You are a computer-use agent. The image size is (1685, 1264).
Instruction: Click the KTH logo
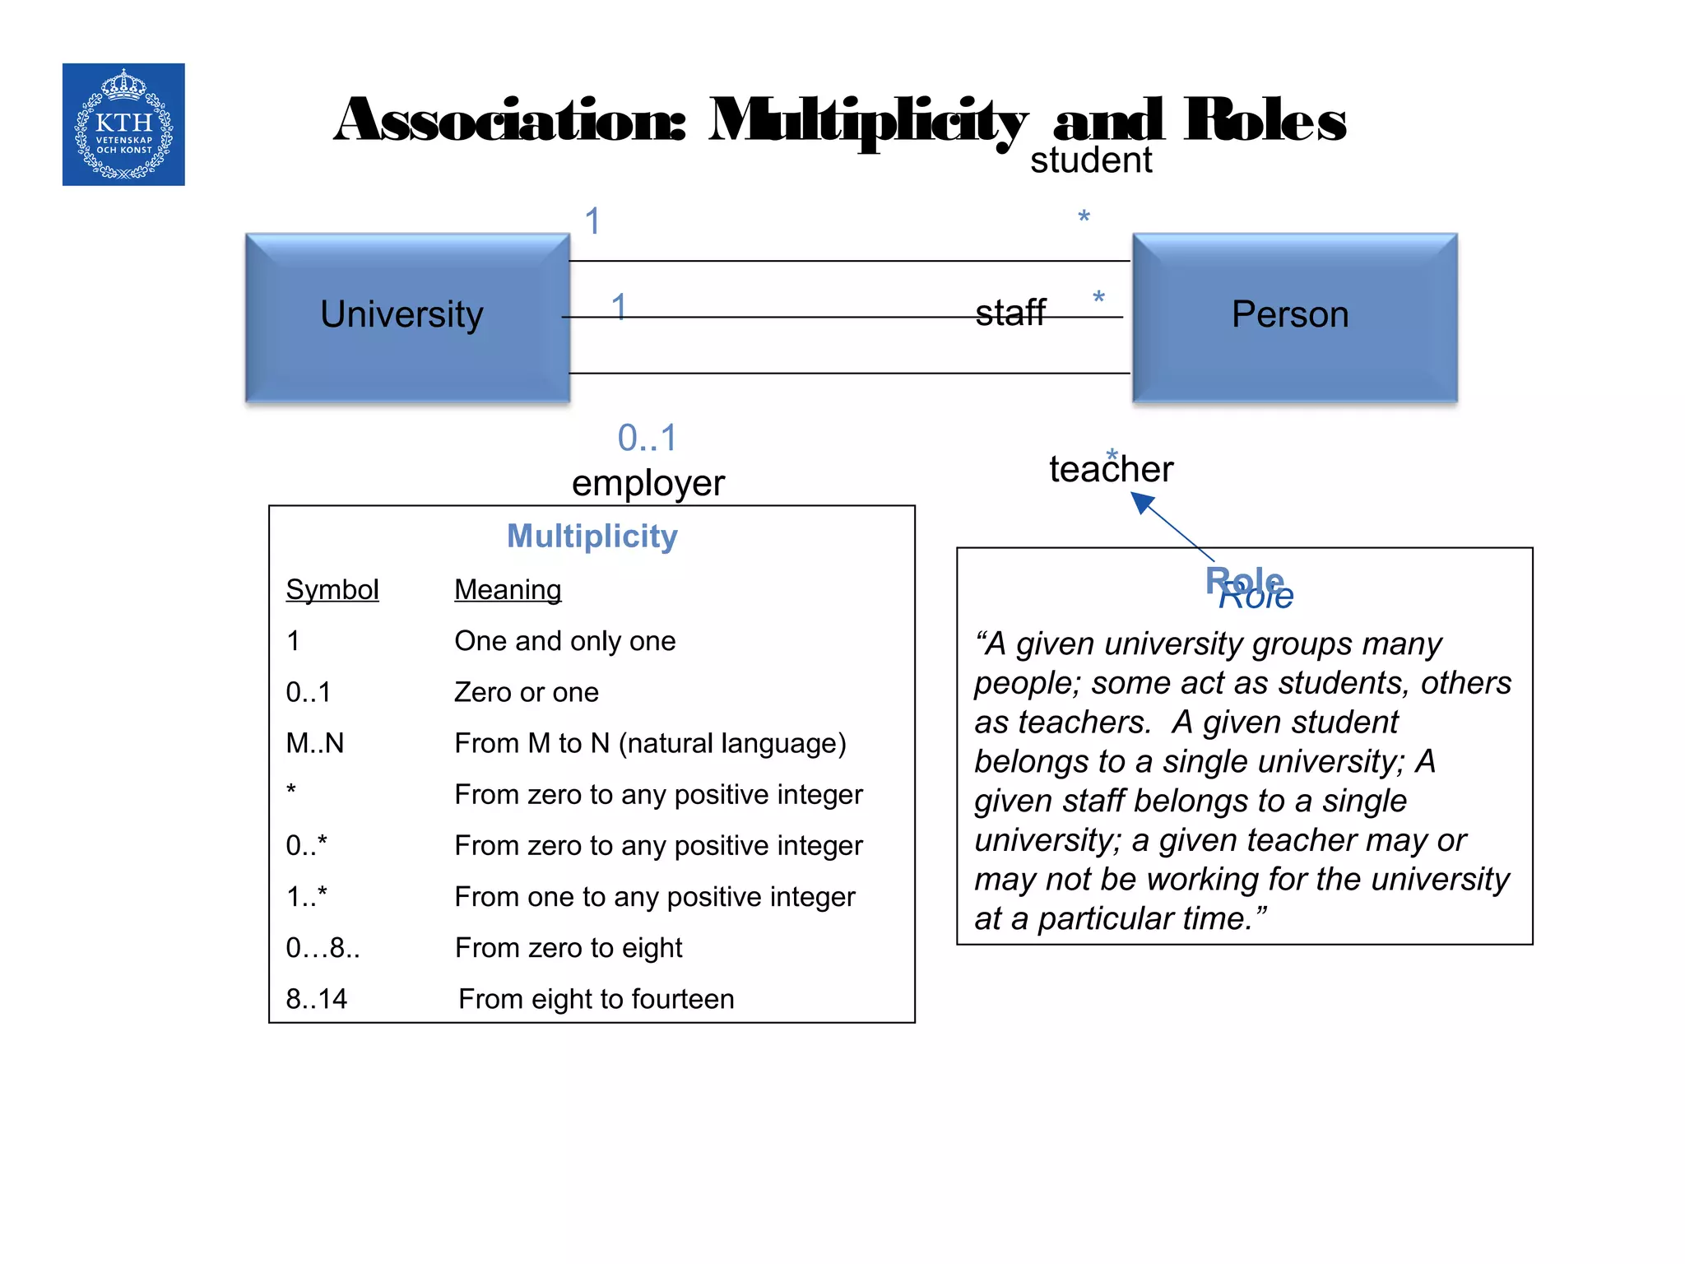[123, 124]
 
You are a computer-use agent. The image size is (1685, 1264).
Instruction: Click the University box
[407, 317]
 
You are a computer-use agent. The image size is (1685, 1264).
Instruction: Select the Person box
[1294, 317]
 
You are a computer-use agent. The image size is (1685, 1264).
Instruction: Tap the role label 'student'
[1091, 161]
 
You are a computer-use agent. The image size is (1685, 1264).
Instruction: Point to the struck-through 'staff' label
[1010, 314]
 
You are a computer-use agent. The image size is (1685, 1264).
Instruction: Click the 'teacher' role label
[1111, 470]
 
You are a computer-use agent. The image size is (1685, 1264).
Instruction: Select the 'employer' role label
[648, 484]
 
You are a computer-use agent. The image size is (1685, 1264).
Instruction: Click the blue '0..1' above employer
[648, 439]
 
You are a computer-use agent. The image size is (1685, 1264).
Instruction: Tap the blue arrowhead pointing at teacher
[1142, 502]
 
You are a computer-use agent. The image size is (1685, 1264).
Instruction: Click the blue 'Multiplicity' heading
[592, 537]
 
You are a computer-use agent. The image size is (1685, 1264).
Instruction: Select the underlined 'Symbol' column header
[332, 590]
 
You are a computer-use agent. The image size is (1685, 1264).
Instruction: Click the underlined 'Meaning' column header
[508, 590]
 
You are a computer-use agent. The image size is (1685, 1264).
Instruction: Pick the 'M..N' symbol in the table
[315, 744]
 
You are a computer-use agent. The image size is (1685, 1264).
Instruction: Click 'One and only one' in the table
[565, 641]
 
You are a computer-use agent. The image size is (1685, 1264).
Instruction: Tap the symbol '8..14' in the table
[317, 999]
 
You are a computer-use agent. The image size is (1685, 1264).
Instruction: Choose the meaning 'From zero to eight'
[569, 948]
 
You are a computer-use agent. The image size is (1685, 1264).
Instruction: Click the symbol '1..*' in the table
[307, 897]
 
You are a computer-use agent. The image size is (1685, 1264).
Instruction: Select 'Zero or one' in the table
[527, 693]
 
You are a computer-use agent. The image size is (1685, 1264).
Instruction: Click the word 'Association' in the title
[509, 121]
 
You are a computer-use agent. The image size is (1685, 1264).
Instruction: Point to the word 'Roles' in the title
[1265, 121]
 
